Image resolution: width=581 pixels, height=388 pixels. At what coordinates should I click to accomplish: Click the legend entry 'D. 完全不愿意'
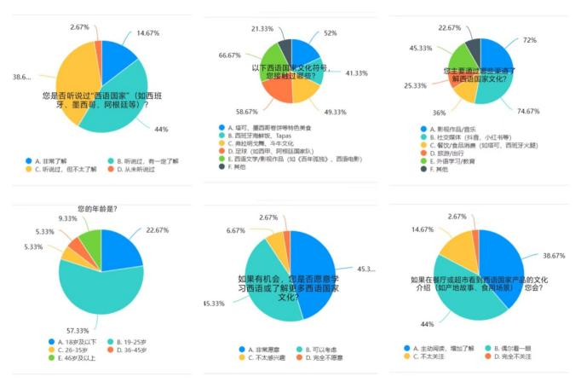[x=325, y=357]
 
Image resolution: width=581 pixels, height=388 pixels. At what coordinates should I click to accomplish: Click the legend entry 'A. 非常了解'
[x=56, y=160]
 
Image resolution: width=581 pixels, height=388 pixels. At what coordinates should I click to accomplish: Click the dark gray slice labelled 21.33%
[x=285, y=51]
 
